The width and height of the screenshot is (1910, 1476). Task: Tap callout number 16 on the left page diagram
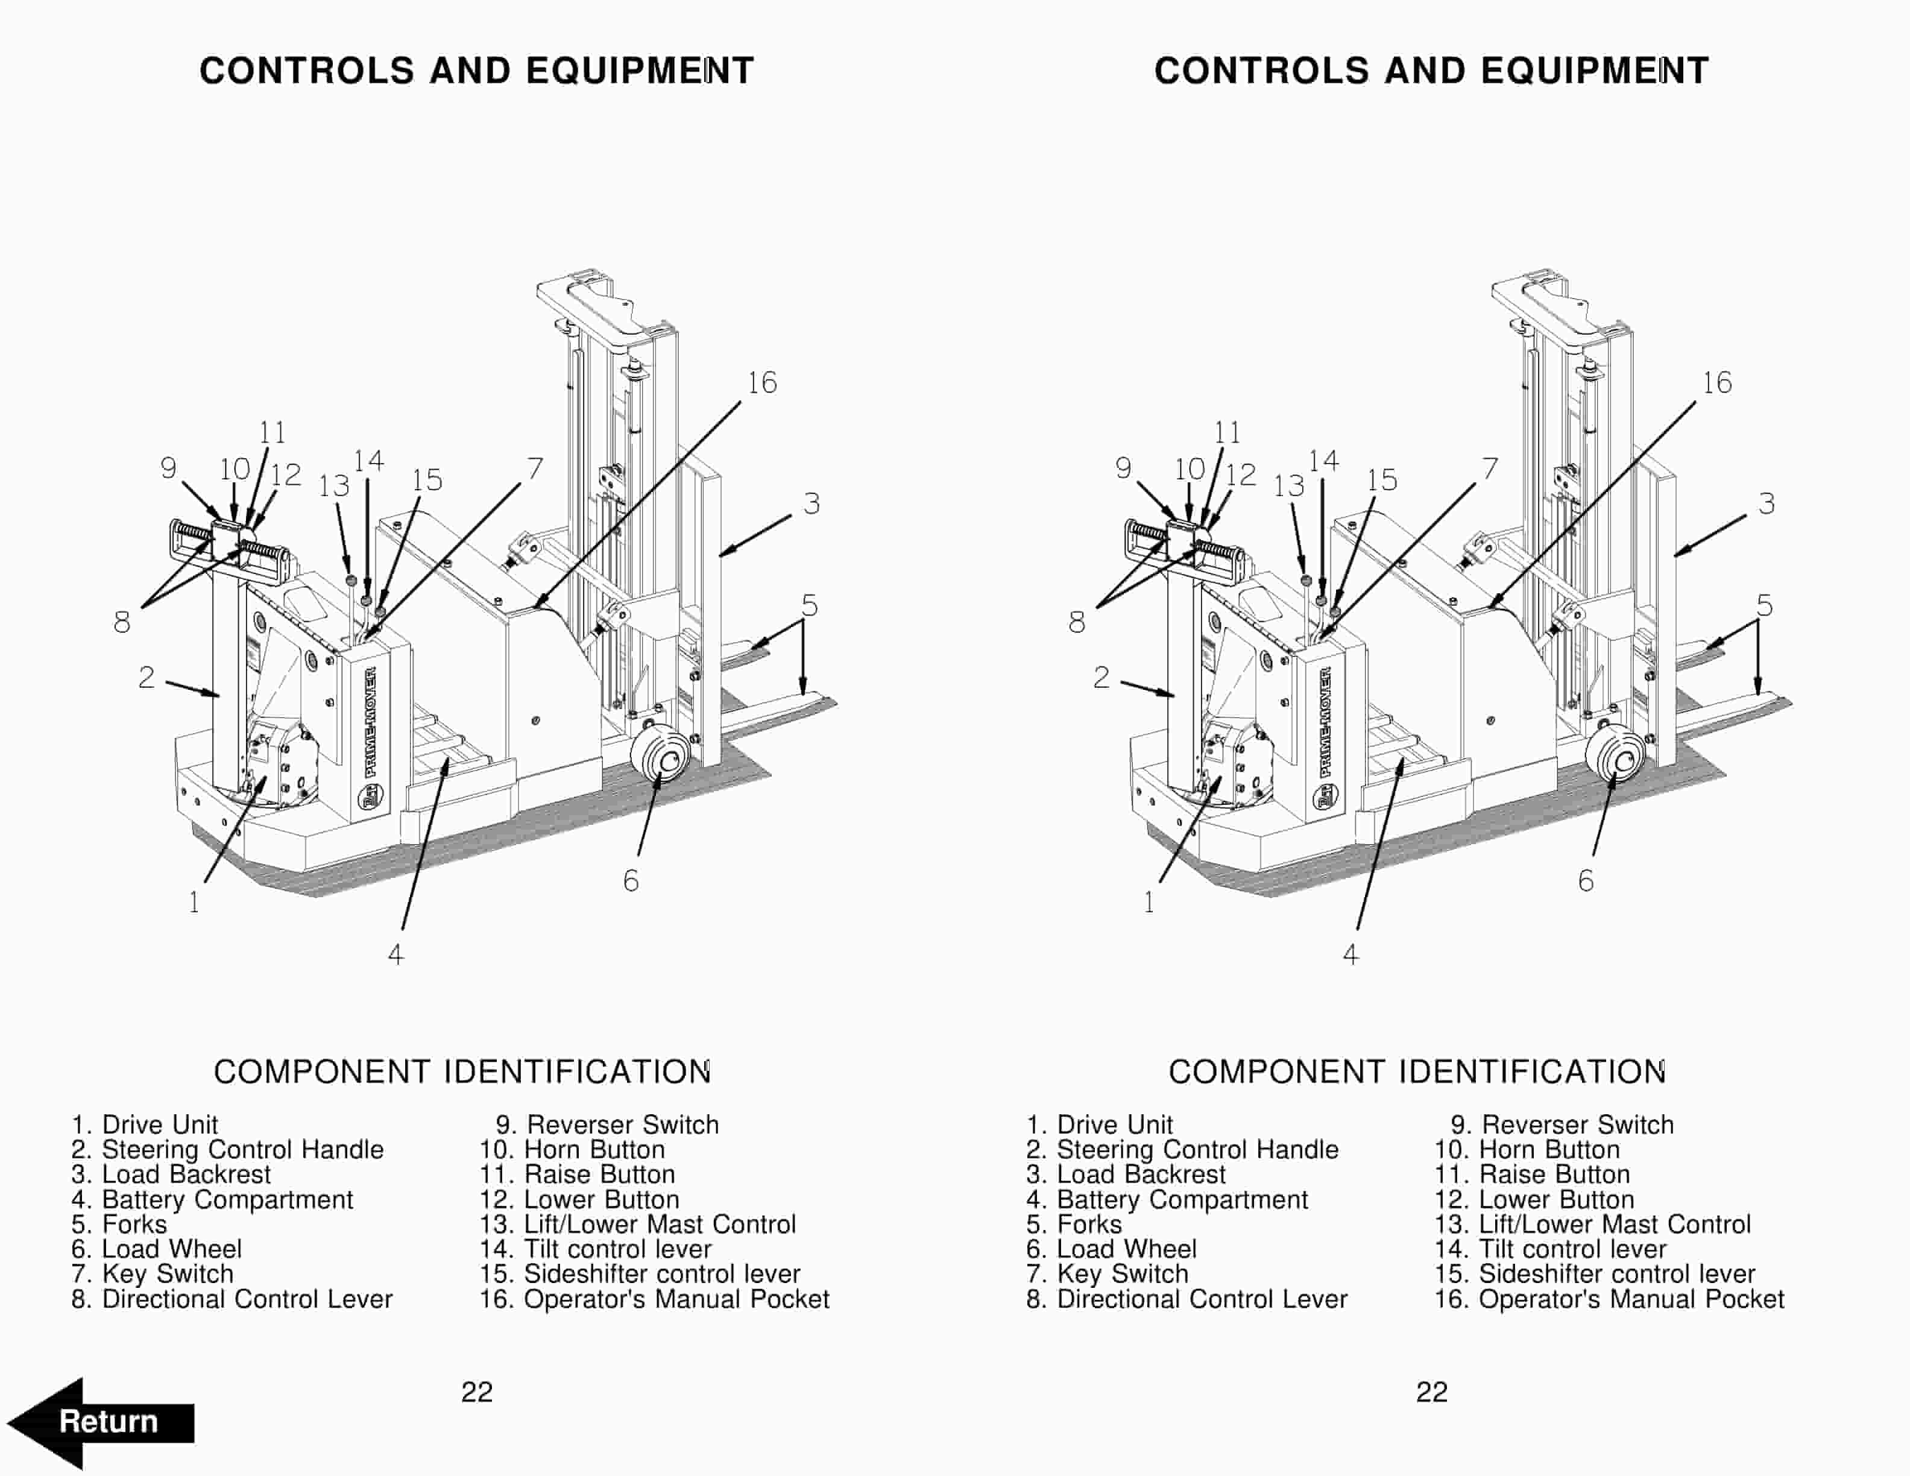point(761,383)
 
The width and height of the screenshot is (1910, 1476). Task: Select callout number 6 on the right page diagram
point(1586,880)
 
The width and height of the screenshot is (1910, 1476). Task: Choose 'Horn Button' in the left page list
point(573,1150)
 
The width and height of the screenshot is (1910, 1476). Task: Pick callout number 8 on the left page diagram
point(122,623)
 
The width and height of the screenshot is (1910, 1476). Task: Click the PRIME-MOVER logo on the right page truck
point(1326,722)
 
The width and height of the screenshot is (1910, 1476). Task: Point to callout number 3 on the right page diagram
point(1767,505)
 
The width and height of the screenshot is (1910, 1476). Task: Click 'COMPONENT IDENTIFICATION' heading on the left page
point(462,1072)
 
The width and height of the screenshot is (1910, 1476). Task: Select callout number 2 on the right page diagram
point(1101,678)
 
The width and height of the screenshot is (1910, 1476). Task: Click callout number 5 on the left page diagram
point(810,606)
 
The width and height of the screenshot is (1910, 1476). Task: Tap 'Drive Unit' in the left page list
point(145,1124)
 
